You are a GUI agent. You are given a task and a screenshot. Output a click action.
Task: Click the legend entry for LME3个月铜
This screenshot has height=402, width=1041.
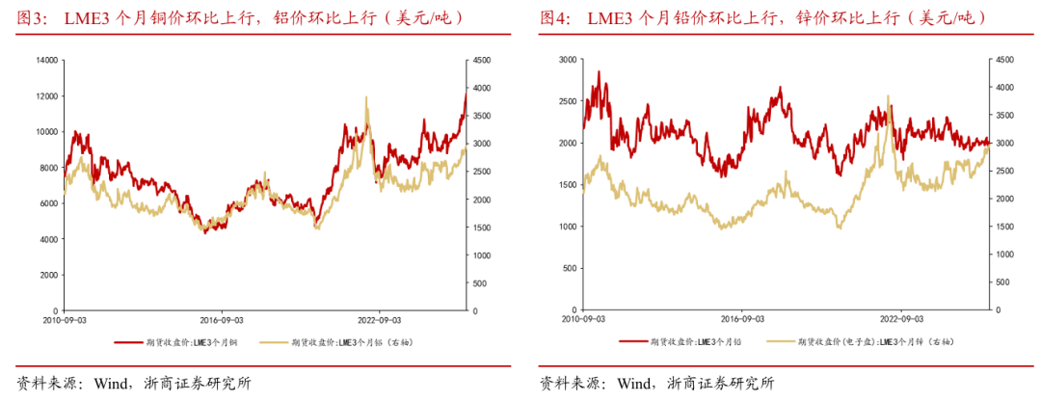[182, 341]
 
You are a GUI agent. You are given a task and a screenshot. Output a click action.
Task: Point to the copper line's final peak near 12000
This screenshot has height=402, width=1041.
[466, 94]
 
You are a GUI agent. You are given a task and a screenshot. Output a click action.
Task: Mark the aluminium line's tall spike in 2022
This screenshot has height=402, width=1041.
[366, 97]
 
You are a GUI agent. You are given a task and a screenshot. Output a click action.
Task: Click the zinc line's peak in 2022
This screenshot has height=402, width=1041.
[888, 96]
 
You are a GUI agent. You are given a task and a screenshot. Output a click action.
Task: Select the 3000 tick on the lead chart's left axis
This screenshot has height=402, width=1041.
[567, 60]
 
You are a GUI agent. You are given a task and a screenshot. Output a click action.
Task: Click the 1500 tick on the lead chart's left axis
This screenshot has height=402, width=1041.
[567, 184]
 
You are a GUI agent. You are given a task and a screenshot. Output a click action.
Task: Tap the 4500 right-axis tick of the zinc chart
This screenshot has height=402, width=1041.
[1006, 60]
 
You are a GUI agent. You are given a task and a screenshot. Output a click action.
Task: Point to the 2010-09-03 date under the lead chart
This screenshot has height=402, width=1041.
[583, 319]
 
